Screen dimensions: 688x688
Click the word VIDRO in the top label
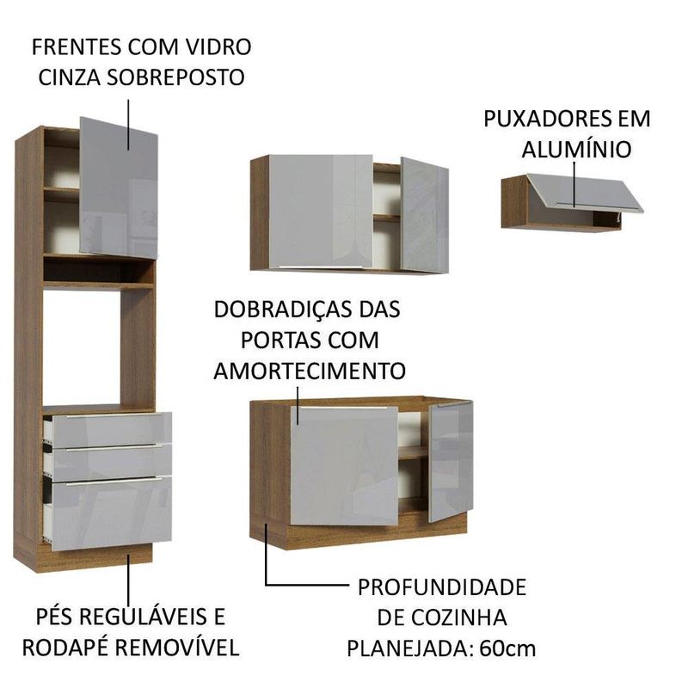pos(219,46)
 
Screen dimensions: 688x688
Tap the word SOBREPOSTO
pos(175,77)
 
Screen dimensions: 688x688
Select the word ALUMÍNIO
pos(576,149)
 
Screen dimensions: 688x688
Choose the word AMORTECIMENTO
pos(310,371)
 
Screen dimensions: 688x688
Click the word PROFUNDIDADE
pos(442,587)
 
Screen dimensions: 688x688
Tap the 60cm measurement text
pos(507,648)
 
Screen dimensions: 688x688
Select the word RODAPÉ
pos(65,648)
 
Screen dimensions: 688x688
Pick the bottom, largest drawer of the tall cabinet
pos(111,513)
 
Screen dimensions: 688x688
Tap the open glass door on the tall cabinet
pos(119,187)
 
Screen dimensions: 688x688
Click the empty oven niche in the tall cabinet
pos(81,347)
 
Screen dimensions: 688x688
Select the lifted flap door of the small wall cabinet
pos(586,193)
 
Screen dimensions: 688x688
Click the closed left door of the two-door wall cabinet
pos(321,211)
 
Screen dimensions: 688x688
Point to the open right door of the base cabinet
pos(451,461)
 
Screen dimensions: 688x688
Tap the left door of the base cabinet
pos(345,466)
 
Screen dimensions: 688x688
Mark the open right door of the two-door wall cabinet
pos(424,215)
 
